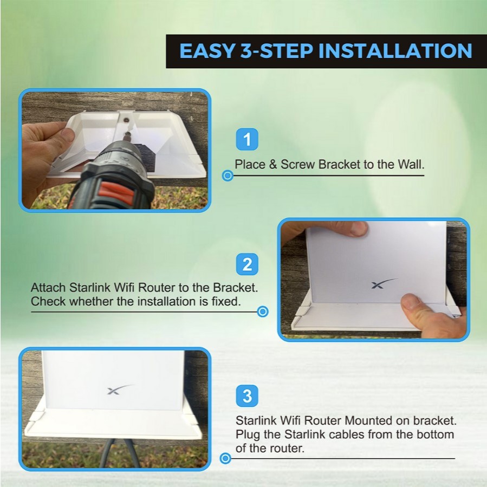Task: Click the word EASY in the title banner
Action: [x=207, y=51]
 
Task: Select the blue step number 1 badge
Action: [x=247, y=139]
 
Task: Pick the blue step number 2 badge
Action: [x=247, y=264]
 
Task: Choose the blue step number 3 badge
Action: [x=247, y=395]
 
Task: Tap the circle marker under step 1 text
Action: [x=228, y=176]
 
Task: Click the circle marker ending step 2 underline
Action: [x=263, y=311]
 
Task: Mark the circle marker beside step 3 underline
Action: [x=225, y=458]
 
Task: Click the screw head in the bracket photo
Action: [x=126, y=119]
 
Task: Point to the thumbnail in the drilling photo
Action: [x=67, y=134]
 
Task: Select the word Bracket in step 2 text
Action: [x=236, y=288]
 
